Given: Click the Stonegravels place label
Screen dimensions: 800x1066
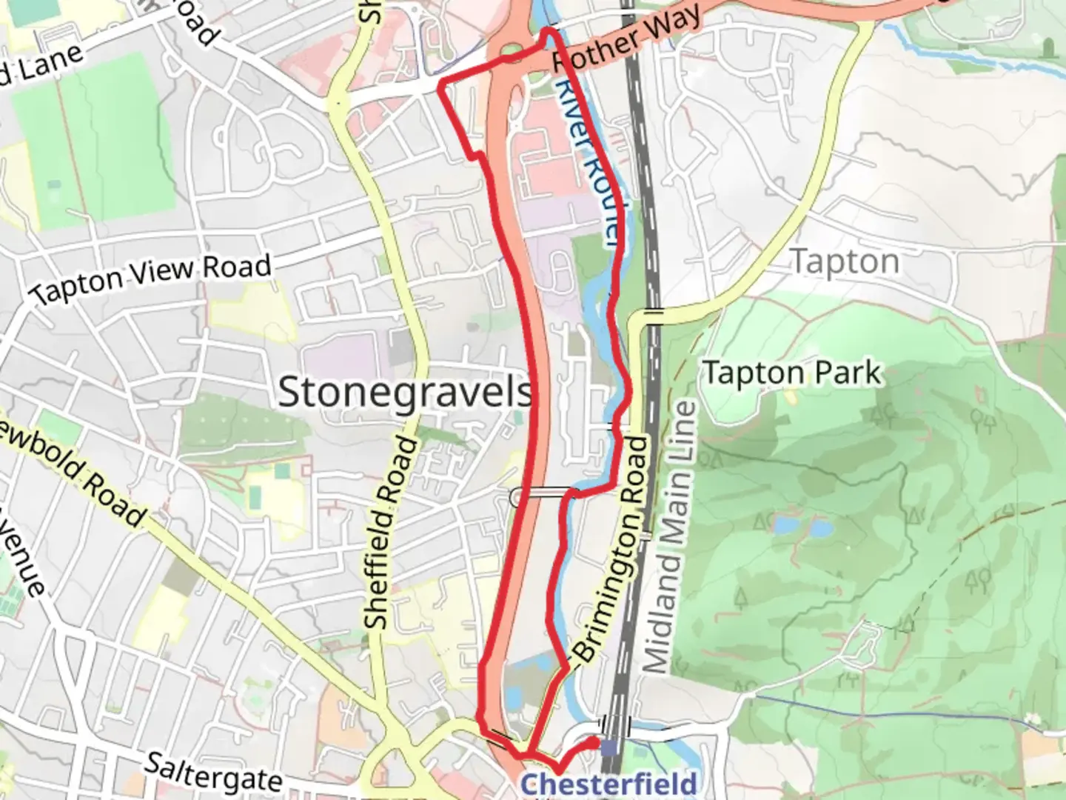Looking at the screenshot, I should (x=405, y=391).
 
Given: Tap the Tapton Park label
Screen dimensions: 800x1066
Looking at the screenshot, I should (x=792, y=373).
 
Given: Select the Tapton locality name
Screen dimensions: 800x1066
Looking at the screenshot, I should (x=845, y=261).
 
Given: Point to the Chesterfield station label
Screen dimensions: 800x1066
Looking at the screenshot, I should (x=609, y=784).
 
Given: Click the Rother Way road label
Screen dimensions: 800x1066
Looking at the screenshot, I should (x=626, y=41).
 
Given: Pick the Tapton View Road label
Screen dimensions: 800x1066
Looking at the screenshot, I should (x=152, y=278).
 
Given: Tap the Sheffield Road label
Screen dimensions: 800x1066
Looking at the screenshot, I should (x=389, y=533).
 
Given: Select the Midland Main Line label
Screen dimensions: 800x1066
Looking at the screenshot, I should (x=671, y=537).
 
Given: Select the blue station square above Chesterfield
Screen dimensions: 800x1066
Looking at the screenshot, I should (x=609, y=748).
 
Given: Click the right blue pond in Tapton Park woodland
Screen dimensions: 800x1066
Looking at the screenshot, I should (x=819, y=527).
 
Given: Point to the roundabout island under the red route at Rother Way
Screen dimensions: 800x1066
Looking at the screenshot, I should (x=511, y=50).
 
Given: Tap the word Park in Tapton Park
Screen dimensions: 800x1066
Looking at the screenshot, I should (x=848, y=373).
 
